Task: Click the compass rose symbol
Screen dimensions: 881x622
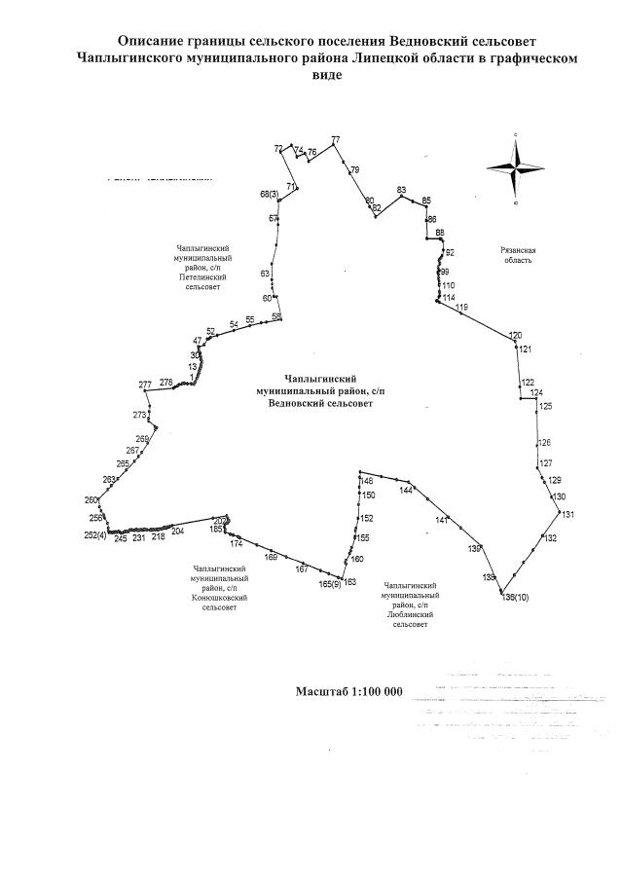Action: click(515, 166)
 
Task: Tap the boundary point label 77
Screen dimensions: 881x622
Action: click(336, 140)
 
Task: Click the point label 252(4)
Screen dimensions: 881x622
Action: click(95, 535)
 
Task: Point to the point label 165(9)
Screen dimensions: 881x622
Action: click(330, 584)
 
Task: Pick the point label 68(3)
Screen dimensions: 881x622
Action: click(270, 196)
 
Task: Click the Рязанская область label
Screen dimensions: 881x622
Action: click(518, 256)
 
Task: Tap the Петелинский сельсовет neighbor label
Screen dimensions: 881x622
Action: click(199, 268)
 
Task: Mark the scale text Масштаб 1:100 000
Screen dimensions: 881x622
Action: click(348, 691)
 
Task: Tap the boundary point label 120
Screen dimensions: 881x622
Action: click(516, 335)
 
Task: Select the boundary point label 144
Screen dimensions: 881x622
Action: click(406, 491)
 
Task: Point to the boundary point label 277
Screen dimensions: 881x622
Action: click(145, 385)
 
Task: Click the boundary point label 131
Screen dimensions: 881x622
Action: click(568, 514)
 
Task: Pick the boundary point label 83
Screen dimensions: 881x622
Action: click(401, 189)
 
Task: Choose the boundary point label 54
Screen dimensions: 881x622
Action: click(234, 324)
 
